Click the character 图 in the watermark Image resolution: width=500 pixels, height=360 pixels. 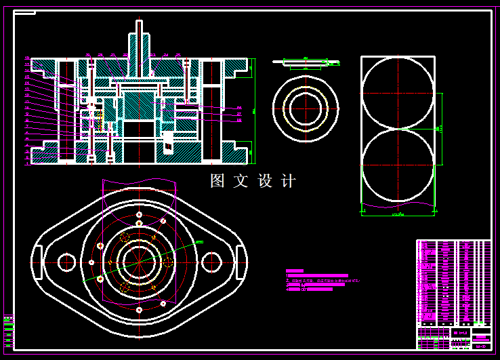click(x=217, y=181)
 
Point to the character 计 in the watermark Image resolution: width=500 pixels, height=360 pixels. click(x=289, y=181)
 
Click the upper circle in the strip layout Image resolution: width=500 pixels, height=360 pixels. click(x=398, y=92)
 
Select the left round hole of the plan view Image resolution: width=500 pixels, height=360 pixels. click(x=66, y=261)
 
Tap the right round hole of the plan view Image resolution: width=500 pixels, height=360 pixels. click(x=213, y=261)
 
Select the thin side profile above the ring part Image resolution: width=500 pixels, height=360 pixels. click(x=306, y=63)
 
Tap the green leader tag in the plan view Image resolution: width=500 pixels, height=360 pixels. click(x=199, y=242)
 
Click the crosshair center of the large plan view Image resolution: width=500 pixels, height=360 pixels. click(x=140, y=261)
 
